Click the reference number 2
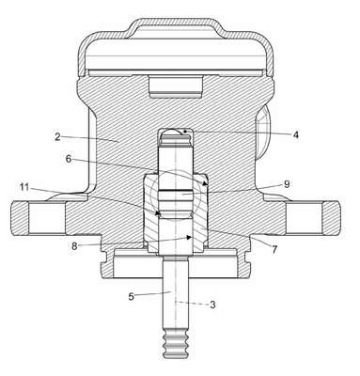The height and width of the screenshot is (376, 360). click(57, 137)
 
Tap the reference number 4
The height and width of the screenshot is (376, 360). click(295, 134)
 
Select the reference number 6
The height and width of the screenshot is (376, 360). click(69, 159)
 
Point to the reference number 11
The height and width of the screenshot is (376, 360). click(24, 187)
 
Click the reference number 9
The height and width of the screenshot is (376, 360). click(287, 184)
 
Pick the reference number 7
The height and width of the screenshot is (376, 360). click(274, 249)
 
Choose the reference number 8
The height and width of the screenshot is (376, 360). click(74, 246)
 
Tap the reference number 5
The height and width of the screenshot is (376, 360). click(132, 296)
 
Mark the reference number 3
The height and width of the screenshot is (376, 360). click(212, 305)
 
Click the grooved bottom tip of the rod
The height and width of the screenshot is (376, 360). click(176, 345)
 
